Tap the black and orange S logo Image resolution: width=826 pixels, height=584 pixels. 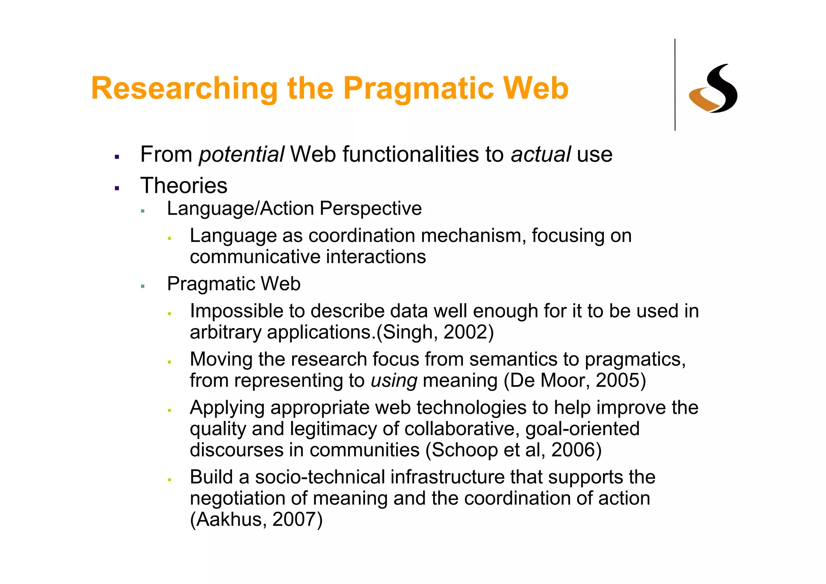(713, 89)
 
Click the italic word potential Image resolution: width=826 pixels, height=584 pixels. (241, 155)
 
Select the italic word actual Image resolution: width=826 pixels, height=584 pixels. (540, 155)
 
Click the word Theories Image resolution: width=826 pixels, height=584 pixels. (184, 186)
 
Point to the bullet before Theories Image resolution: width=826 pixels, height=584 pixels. (117, 188)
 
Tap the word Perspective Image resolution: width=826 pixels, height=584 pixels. (371, 209)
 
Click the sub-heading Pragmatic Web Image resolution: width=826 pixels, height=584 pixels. (234, 284)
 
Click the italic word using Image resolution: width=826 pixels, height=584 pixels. (394, 381)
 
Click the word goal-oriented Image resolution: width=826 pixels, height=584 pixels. (582, 429)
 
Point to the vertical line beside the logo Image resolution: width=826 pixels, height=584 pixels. (675, 85)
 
